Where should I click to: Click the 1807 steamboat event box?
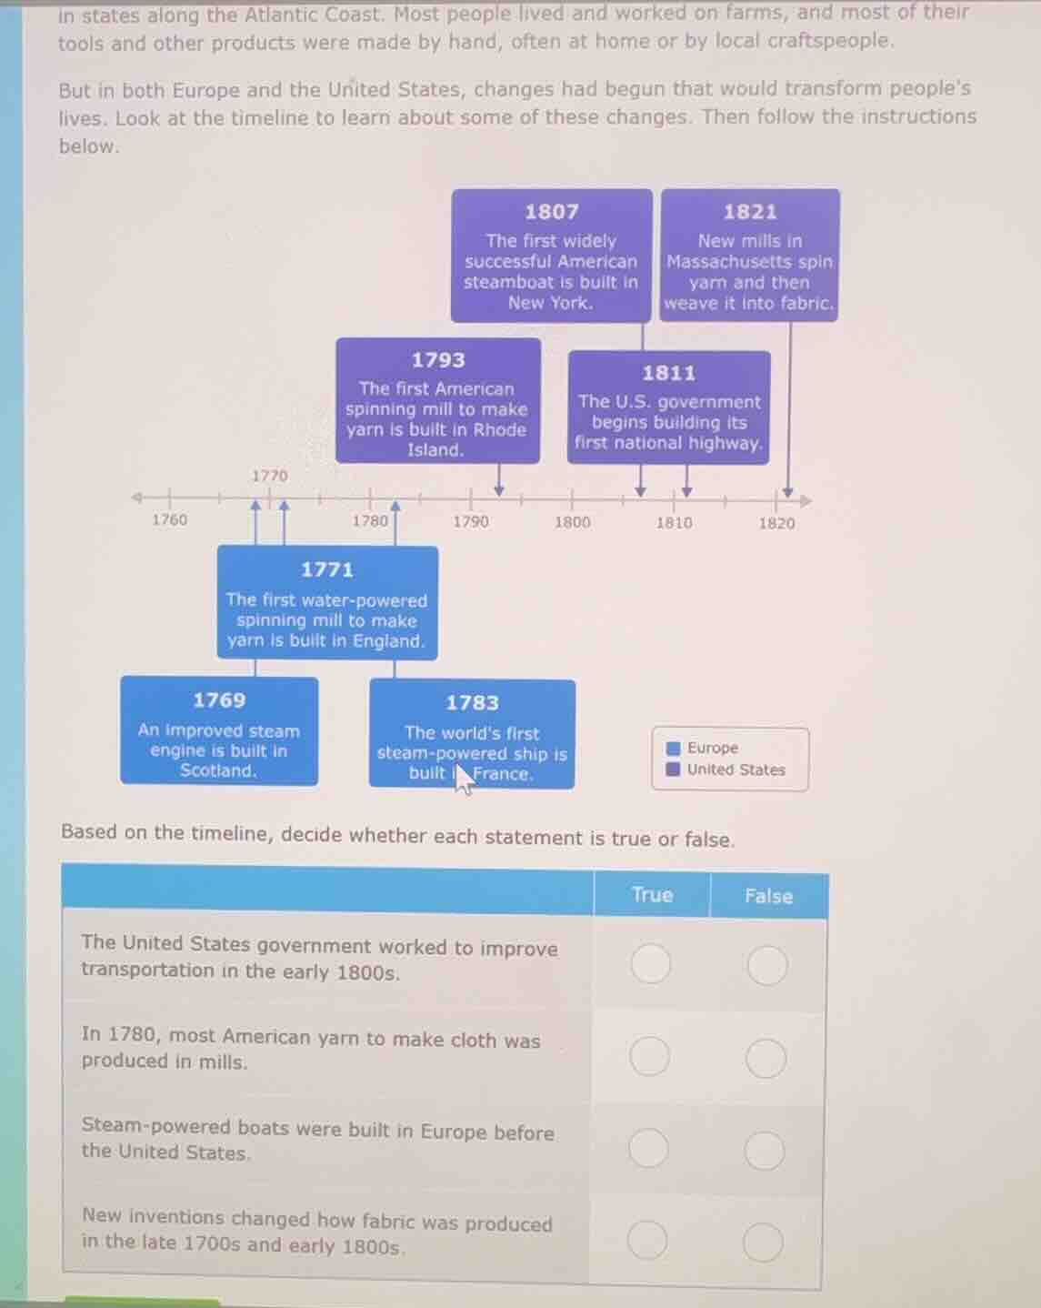click(551, 256)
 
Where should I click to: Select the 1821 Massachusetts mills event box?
click(750, 256)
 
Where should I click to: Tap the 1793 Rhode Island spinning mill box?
click(437, 401)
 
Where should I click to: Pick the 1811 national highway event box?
click(669, 407)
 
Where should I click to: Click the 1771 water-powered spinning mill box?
click(327, 602)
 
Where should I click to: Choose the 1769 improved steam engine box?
click(219, 731)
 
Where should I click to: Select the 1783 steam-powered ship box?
click(472, 734)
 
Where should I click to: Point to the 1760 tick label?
click(169, 519)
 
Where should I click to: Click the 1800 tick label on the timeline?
click(572, 522)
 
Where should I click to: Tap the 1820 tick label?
click(776, 523)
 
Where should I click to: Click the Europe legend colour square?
click(674, 748)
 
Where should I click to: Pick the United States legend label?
click(736, 770)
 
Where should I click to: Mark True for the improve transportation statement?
click(651, 963)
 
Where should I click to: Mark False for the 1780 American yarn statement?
click(766, 1058)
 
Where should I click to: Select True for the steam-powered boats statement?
click(648, 1149)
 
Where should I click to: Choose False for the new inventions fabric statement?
click(763, 1243)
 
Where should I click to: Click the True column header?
click(652, 895)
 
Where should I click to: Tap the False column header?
click(768, 896)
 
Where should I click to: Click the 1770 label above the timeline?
click(269, 476)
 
